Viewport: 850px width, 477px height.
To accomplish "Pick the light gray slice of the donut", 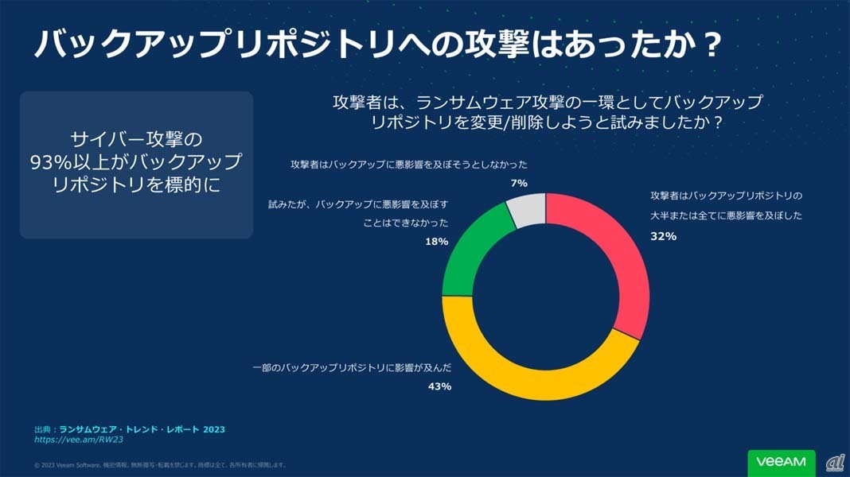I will click(x=527, y=211).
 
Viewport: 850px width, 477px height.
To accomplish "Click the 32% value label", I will click(x=663, y=236).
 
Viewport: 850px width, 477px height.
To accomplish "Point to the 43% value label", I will click(x=439, y=386).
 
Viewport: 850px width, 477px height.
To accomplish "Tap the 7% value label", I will click(x=520, y=183).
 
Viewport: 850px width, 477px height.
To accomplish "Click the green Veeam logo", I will click(x=781, y=461).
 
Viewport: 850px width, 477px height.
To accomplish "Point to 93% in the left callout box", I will click(x=52, y=162).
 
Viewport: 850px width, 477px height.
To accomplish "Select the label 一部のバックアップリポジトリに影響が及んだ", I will click(x=352, y=368).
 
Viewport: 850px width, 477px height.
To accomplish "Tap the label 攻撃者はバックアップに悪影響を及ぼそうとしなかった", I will click(x=408, y=165).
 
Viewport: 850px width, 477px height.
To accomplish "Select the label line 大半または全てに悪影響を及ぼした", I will click(x=726, y=215).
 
